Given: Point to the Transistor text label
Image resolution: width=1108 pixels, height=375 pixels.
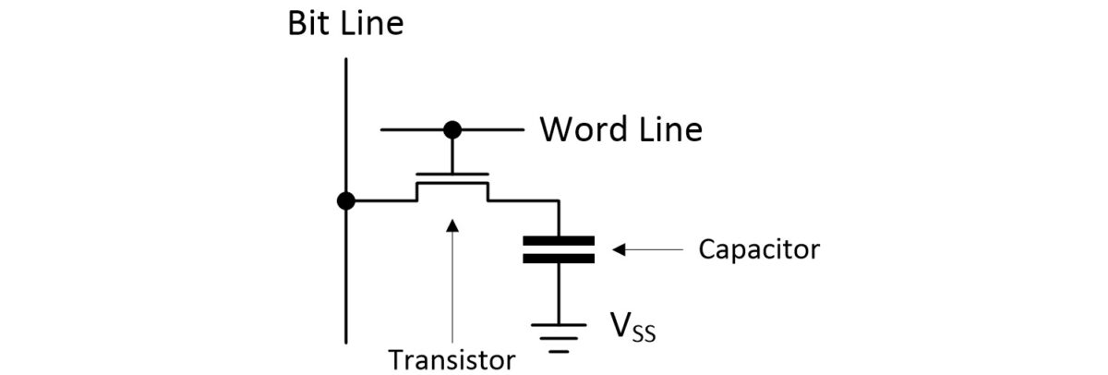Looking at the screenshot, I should coord(452,358).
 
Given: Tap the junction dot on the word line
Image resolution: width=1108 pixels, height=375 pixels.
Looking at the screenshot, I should coord(452,129).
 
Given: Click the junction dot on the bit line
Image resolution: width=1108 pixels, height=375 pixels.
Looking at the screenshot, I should coord(346,200).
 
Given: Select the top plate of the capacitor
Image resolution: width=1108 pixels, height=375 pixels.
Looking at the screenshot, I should coord(559,241).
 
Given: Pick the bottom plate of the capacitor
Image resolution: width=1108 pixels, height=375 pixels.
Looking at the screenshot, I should coord(559,259).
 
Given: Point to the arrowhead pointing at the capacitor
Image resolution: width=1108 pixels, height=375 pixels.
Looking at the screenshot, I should coord(620,249).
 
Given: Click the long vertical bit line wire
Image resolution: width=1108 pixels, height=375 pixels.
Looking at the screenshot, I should coord(346,277).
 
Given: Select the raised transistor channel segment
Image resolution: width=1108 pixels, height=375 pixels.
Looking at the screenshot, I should coord(452,183).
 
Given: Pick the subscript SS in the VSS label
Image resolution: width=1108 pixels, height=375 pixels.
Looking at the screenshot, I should coord(644,334).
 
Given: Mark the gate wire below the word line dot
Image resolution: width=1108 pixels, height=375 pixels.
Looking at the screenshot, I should coord(452,153).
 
